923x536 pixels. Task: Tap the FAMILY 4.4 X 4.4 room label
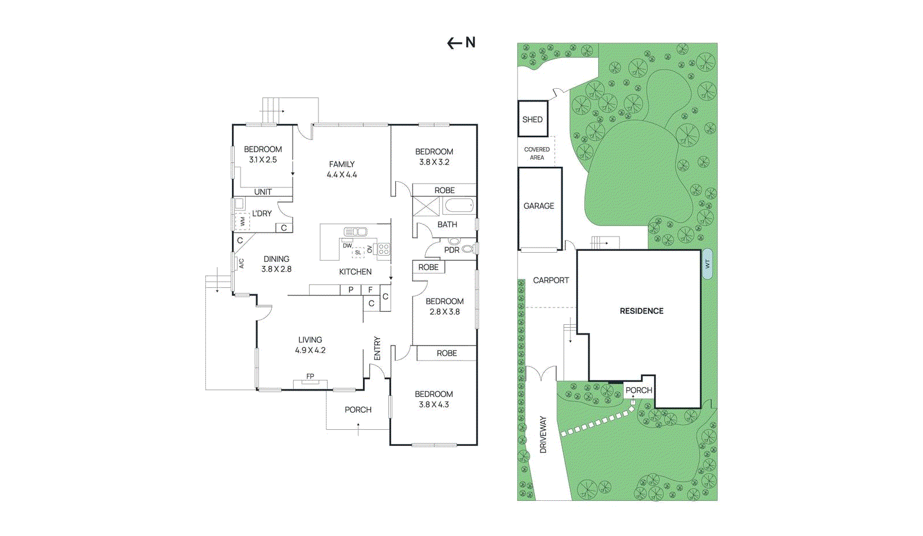[342, 169]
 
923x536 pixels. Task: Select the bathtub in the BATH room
[459, 205]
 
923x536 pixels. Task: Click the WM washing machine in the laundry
[242, 221]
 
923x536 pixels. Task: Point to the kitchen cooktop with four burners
[384, 249]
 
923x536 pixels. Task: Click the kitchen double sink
[355, 232]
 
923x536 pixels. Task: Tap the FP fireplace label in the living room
[310, 377]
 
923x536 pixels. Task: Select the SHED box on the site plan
[532, 119]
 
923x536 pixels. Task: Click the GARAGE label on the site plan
[539, 206]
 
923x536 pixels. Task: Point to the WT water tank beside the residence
[707, 264]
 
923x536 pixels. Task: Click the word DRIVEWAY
[543, 434]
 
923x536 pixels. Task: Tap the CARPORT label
[551, 280]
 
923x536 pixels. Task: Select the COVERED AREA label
[536, 153]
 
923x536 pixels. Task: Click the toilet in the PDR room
[468, 249]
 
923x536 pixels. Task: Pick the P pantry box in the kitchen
[351, 290]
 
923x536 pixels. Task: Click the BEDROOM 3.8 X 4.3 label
[434, 399]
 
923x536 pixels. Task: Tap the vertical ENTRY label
[377, 348]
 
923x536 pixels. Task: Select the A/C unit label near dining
[241, 263]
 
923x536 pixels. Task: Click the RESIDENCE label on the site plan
[641, 311]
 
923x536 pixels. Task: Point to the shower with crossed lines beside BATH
[426, 207]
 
